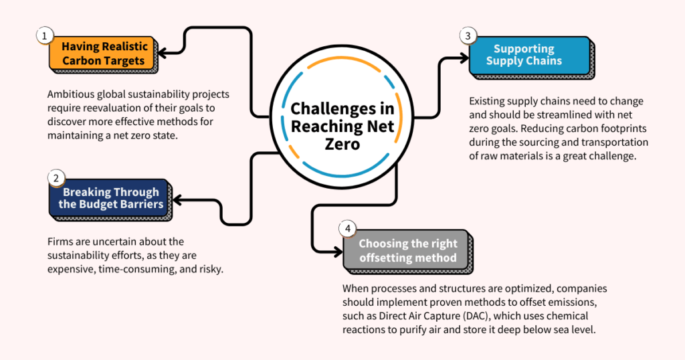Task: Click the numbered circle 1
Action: (44, 35)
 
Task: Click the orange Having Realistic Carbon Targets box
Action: (102, 54)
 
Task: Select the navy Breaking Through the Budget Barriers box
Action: (110, 197)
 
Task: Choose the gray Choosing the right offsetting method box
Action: (407, 250)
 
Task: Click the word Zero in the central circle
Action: (342, 144)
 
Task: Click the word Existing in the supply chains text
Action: (488, 101)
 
